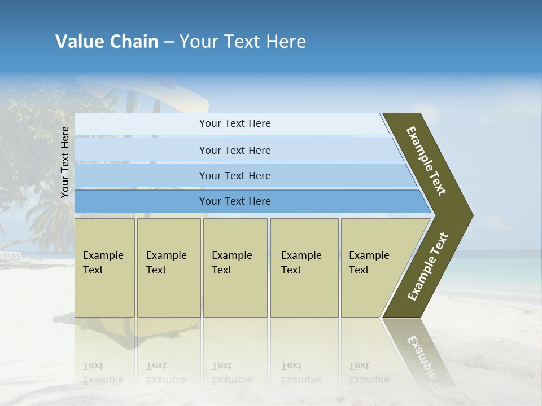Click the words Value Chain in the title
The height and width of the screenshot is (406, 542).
[107, 42]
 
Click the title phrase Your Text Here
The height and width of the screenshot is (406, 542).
[243, 42]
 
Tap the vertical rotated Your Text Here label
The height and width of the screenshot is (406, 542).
[65, 162]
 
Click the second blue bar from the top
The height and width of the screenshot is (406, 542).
[234, 150]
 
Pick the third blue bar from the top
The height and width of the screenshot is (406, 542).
[234, 175]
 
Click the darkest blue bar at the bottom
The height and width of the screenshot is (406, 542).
[234, 201]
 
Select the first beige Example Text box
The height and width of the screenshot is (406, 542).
[104, 268]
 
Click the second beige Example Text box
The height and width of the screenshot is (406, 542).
[168, 268]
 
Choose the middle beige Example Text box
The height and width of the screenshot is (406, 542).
[235, 268]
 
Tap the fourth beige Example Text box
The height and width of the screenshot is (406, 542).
[304, 268]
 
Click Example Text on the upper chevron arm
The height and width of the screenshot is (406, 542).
[427, 161]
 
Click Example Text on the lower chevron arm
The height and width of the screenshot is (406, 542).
[428, 266]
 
